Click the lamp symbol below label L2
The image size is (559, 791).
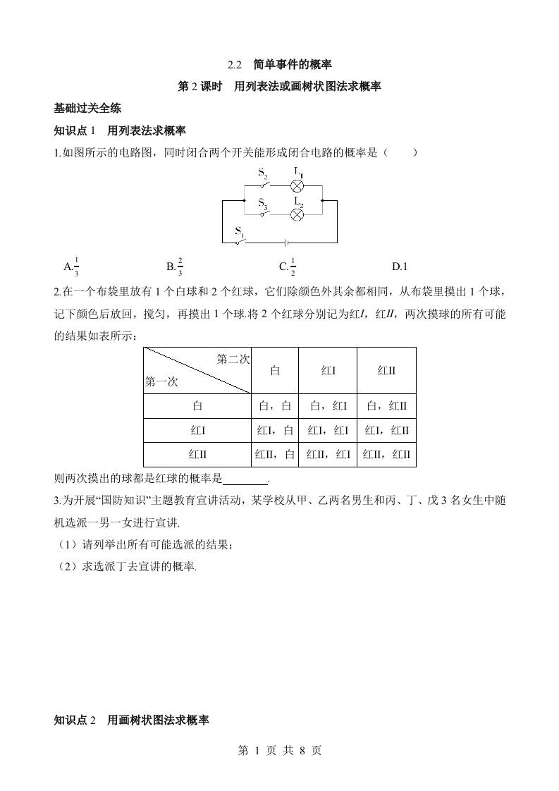tap(297, 215)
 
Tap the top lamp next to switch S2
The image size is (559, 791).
tap(297, 186)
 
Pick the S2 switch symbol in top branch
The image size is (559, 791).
tap(264, 185)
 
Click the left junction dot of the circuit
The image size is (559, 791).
tap(243, 200)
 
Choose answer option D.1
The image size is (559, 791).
tap(400, 266)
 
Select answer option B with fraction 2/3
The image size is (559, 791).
tap(175, 266)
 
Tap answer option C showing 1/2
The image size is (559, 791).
tap(287, 266)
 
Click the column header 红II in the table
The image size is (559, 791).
tap(386, 370)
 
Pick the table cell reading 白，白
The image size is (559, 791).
tap(275, 406)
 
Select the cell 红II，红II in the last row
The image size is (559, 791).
tap(386, 455)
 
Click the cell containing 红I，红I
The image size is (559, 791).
tap(328, 431)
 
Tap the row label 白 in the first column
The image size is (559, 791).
tap(197, 406)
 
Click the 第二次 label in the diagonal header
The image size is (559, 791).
tap(233, 359)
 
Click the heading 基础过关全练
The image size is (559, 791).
tap(87, 109)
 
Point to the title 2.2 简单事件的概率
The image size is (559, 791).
tap(280, 65)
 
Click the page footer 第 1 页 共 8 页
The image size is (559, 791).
tap(280, 751)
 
